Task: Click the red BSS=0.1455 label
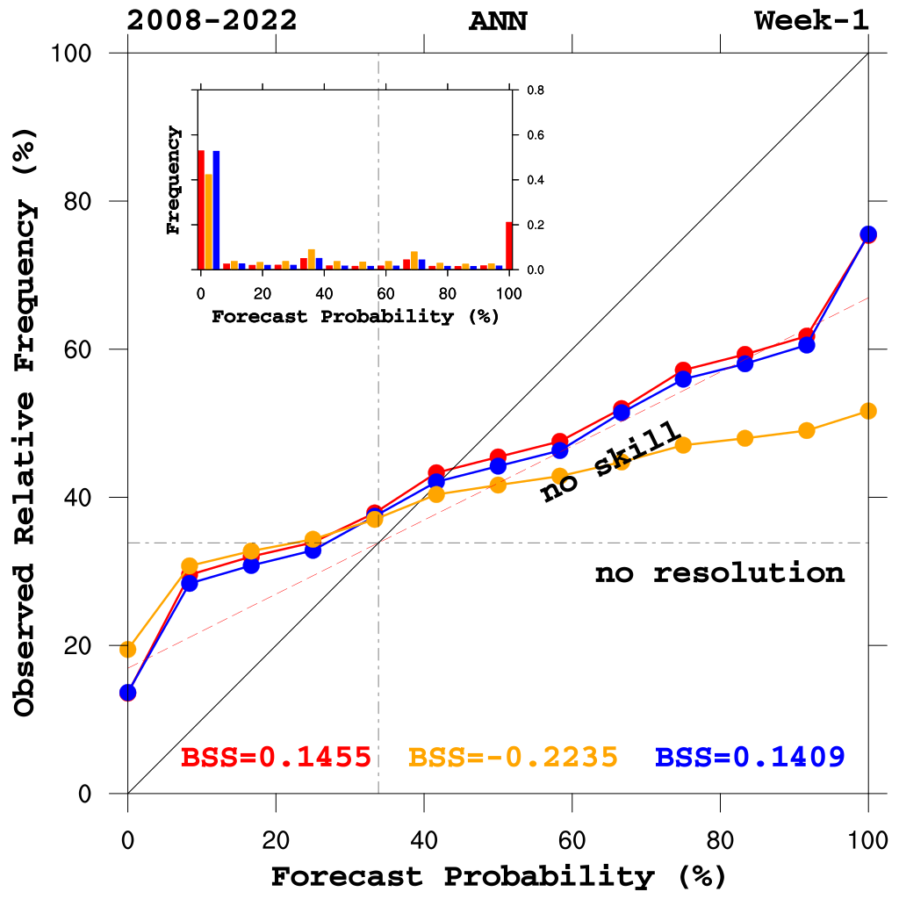[x=275, y=757]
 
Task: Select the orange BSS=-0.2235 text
[x=513, y=757]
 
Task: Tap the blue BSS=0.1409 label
[x=750, y=757]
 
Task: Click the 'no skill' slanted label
[x=611, y=462]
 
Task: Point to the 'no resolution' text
[x=719, y=574]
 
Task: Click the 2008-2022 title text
[x=212, y=21]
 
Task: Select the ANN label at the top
[x=498, y=21]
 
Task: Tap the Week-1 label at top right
[x=811, y=21]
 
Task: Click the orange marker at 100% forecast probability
[x=868, y=411]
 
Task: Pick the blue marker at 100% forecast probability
[x=868, y=234]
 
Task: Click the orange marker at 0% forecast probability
[x=128, y=650]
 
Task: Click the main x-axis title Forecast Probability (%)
[x=498, y=876]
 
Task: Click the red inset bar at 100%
[x=509, y=246]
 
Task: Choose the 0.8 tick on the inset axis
[x=535, y=90]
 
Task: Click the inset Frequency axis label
[x=174, y=180]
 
